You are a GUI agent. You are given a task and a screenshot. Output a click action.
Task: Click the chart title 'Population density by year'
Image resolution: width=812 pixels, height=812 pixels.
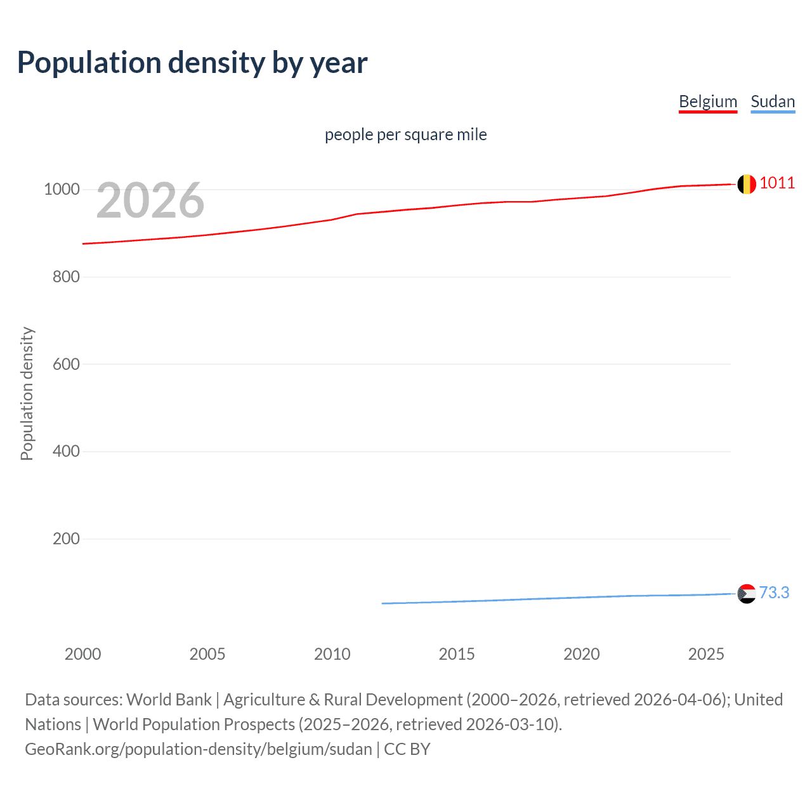[192, 62]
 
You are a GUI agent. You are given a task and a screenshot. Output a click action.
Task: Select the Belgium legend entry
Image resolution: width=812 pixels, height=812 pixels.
[708, 101]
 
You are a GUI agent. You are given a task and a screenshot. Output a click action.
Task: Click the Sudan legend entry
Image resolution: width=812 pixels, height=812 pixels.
[772, 101]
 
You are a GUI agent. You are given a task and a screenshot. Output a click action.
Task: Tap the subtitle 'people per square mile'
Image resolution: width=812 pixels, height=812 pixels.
[405, 134]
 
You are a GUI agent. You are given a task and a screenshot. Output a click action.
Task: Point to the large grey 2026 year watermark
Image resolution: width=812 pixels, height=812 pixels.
[150, 200]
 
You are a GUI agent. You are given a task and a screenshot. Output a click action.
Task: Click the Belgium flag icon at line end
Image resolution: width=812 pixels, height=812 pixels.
[747, 184]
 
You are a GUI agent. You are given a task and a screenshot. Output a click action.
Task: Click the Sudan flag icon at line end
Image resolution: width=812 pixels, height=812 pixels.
[747, 594]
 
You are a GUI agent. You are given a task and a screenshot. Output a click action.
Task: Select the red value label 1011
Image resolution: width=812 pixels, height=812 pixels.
[776, 183]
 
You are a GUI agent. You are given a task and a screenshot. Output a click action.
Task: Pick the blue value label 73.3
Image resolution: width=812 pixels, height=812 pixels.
[774, 593]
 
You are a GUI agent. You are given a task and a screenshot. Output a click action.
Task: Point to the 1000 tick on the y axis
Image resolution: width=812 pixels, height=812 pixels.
[62, 189]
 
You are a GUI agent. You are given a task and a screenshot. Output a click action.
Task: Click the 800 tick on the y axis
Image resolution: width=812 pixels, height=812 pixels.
[66, 277]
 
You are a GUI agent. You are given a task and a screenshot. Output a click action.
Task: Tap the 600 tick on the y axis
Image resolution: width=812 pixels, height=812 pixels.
[66, 364]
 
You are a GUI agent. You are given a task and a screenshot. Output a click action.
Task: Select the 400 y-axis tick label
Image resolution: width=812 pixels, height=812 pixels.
[66, 451]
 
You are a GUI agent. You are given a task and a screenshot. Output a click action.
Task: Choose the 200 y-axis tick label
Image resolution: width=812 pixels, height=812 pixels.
[66, 539]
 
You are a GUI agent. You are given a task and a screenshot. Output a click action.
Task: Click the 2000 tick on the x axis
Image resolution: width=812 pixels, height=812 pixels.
[82, 654]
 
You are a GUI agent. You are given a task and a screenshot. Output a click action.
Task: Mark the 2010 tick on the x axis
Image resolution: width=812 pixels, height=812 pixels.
[332, 654]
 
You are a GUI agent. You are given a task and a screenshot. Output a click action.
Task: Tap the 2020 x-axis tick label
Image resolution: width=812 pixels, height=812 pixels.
[581, 654]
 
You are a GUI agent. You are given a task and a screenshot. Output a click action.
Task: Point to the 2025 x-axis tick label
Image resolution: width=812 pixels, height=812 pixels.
[706, 654]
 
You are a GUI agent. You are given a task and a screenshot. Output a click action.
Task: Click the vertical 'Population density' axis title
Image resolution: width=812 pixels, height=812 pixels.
[27, 393]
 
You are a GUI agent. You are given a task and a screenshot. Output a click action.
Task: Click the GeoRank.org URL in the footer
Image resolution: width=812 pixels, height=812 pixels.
[199, 749]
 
